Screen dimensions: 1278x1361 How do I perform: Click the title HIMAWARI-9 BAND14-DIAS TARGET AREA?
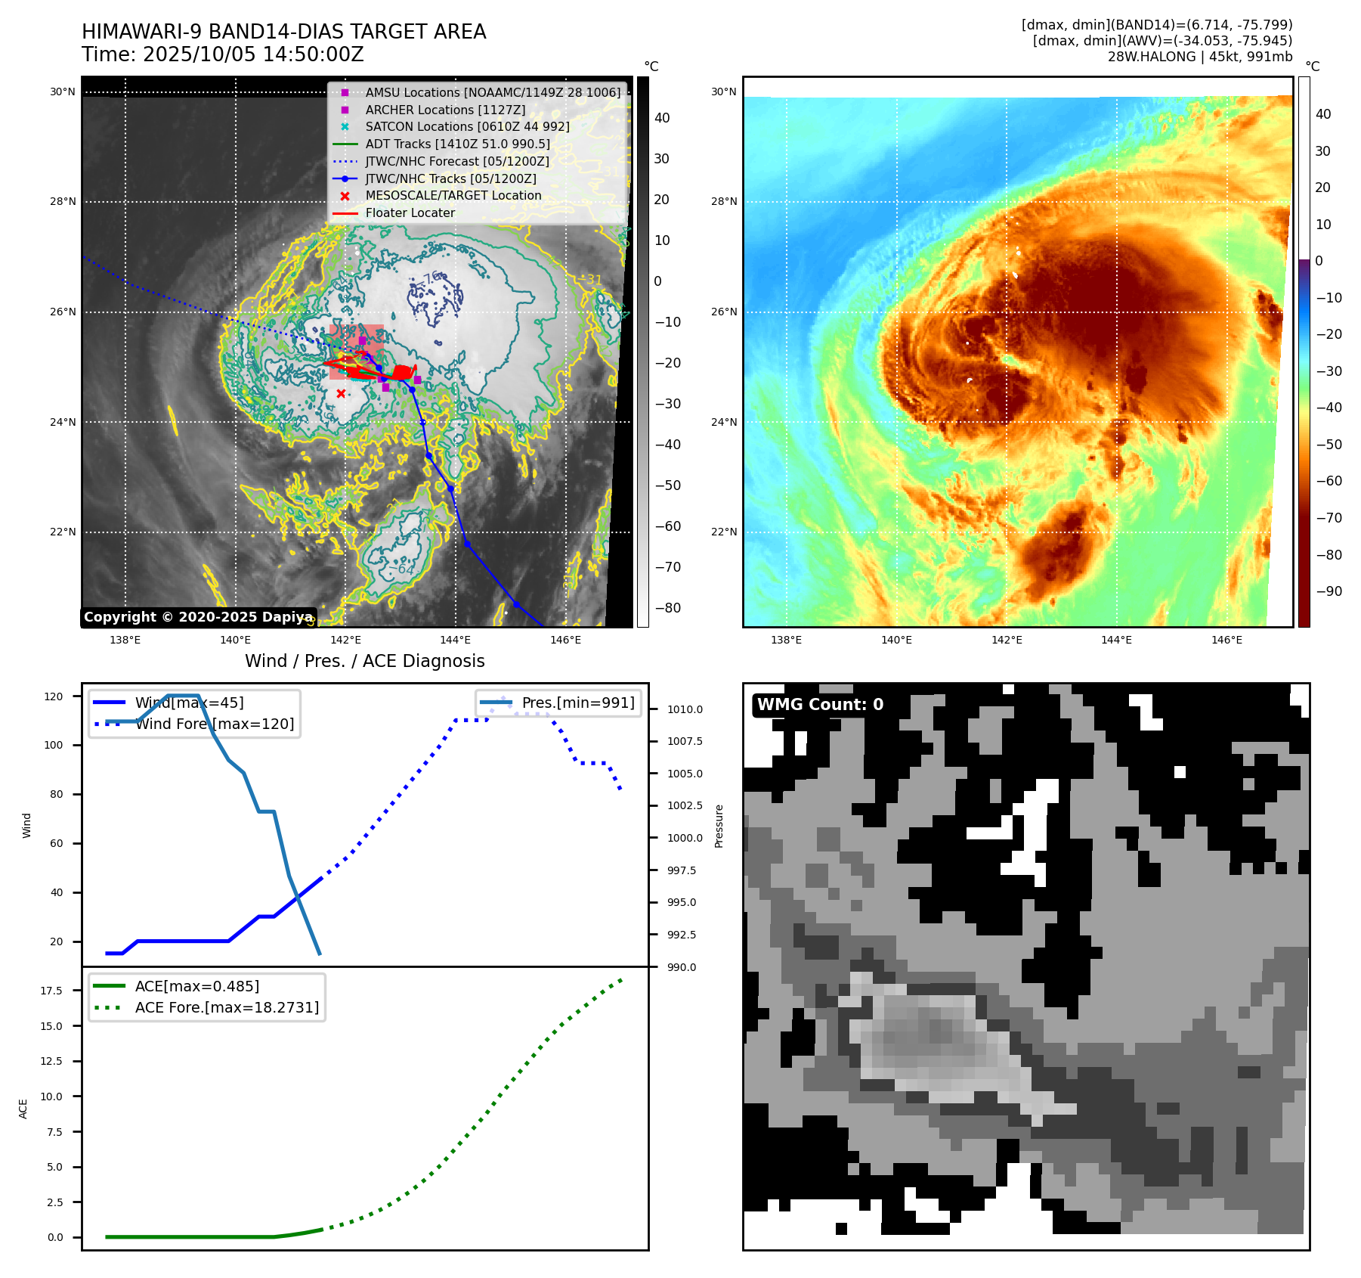coord(283,32)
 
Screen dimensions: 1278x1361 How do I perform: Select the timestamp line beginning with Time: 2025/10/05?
coord(223,54)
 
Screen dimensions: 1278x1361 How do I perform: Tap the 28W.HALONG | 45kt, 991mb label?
coord(1199,57)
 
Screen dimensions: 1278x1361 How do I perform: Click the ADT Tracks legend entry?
coord(457,144)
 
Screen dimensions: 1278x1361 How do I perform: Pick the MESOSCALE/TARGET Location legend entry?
coord(453,195)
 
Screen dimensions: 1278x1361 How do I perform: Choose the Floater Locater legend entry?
coord(410,212)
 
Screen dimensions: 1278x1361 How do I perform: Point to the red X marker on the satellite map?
coord(341,393)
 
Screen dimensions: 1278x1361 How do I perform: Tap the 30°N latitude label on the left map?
coord(63,92)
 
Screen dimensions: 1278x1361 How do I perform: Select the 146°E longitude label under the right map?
coord(1226,640)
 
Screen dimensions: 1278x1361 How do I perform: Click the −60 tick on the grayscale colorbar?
coord(667,526)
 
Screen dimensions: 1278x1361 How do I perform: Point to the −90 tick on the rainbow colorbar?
coord(1329,591)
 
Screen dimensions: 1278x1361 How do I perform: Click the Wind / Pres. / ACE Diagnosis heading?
coord(364,661)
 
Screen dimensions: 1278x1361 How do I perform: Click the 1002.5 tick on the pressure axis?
coord(684,806)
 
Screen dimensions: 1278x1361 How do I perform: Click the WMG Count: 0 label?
coord(820,705)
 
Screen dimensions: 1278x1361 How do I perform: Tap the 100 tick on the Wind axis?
coord(54,745)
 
